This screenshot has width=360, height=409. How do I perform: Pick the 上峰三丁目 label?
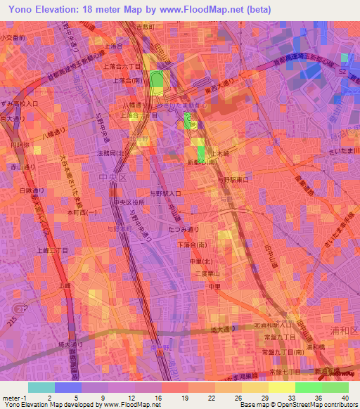[52, 250]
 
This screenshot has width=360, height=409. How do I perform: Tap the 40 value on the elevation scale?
[346, 398]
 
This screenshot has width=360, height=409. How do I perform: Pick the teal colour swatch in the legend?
[41, 387]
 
